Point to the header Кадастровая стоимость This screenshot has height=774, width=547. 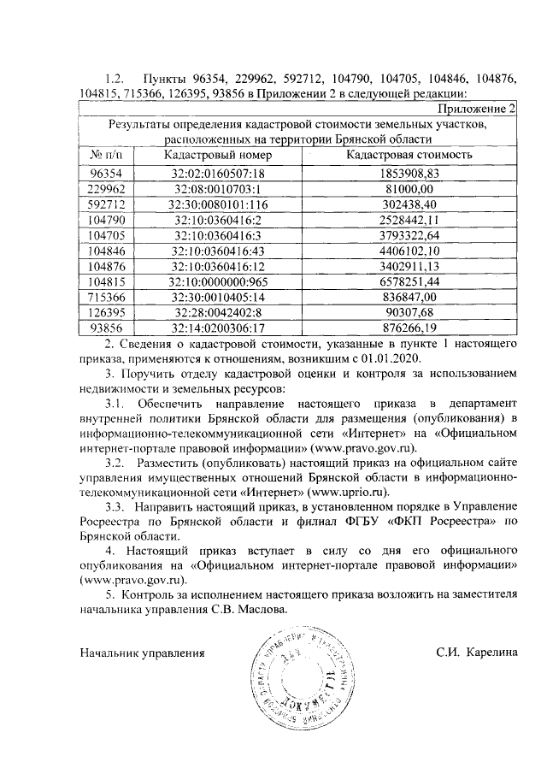(409, 155)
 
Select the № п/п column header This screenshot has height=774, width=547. (107, 155)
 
